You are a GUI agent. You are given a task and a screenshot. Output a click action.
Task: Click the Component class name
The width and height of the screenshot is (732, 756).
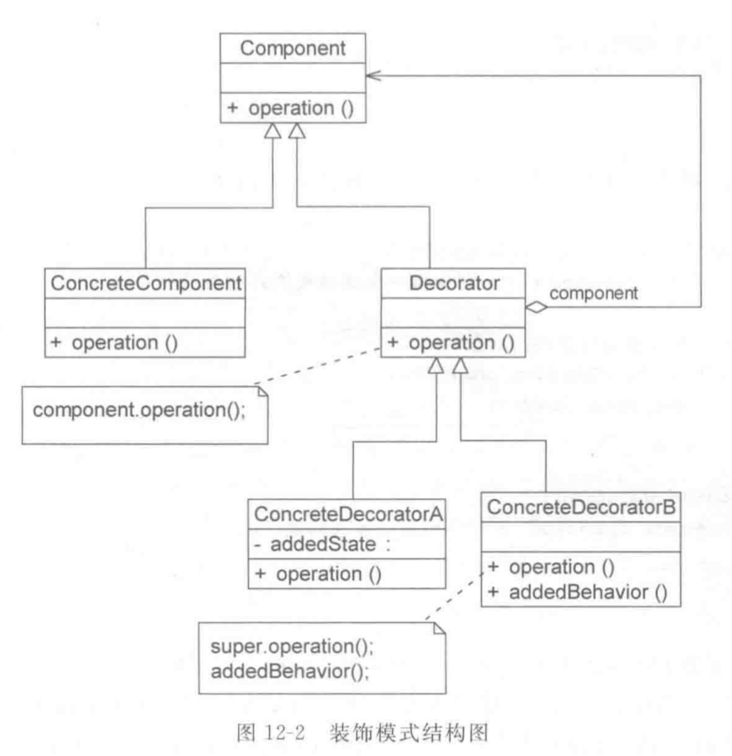click(292, 48)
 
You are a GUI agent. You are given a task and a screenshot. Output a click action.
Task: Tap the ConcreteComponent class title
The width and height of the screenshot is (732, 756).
click(146, 283)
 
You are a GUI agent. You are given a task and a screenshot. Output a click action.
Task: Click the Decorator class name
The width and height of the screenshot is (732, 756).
click(454, 283)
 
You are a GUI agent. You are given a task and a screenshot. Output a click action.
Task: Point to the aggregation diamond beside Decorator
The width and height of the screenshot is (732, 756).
click(537, 307)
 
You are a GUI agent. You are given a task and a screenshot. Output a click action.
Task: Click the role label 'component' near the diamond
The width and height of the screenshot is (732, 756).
click(593, 293)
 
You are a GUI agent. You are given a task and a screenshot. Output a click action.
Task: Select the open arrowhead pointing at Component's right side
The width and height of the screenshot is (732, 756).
click(373, 76)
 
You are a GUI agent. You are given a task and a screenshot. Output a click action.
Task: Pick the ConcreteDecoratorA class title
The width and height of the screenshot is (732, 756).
click(348, 514)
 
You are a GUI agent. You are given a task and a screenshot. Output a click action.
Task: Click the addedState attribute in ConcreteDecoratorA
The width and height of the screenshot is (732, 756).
click(323, 544)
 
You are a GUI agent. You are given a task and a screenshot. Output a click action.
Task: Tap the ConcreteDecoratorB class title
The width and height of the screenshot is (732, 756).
click(581, 506)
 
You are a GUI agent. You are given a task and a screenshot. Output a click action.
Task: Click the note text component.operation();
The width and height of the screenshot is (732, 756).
click(139, 410)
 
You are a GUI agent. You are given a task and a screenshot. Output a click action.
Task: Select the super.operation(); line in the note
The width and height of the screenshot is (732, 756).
click(292, 647)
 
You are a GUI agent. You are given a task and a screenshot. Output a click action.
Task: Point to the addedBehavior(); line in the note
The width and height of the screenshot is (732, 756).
click(290, 671)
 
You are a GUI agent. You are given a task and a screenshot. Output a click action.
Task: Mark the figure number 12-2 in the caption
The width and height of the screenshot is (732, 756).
click(284, 733)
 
